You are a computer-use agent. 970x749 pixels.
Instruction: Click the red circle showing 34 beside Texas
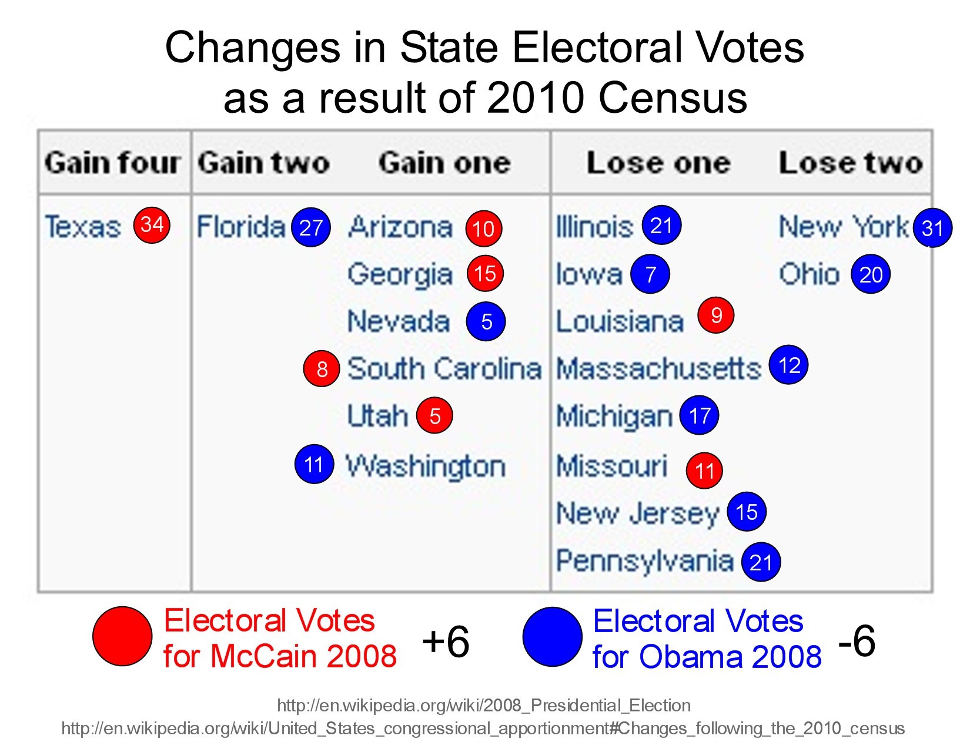pyautogui.click(x=152, y=224)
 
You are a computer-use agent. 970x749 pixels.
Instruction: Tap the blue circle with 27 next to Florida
pyautogui.click(x=311, y=227)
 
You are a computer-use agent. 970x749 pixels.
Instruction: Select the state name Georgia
pyautogui.click(x=400, y=274)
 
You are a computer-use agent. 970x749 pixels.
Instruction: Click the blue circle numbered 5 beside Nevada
pyautogui.click(x=486, y=321)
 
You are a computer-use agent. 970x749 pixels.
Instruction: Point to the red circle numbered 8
pyautogui.click(x=322, y=369)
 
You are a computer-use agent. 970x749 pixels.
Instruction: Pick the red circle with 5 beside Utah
pyautogui.click(x=434, y=416)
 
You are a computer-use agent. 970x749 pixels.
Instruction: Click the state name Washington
pyautogui.click(x=426, y=466)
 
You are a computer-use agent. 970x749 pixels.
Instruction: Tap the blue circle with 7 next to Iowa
pyautogui.click(x=650, y=274)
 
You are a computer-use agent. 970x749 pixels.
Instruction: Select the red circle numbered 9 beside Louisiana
pyautogui.click(x=716, y=315)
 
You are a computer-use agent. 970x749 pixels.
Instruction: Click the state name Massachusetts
pyautogui.click(x=658, y=369)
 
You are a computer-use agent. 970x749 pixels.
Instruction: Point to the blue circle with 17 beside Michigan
pyautogui.click(x=699, y=416)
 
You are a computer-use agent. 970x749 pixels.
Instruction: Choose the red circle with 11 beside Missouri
pyautogui.click(x=704, y=470)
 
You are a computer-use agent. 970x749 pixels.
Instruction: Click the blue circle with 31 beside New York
pyautogui.click(x=932, y=228)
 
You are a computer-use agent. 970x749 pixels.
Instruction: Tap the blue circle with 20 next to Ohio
pyautogui.click(x=871, y=274)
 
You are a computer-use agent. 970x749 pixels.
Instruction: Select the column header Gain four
pyautogui.click(x=112, y=163)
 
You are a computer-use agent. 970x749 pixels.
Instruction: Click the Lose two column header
pyautogui.click(x=851, y=163)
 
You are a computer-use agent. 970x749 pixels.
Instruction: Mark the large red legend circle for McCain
pyautogui.click(x=122, y=636)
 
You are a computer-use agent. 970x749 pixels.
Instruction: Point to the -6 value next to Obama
pyautogui.click(x=857, y=640)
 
